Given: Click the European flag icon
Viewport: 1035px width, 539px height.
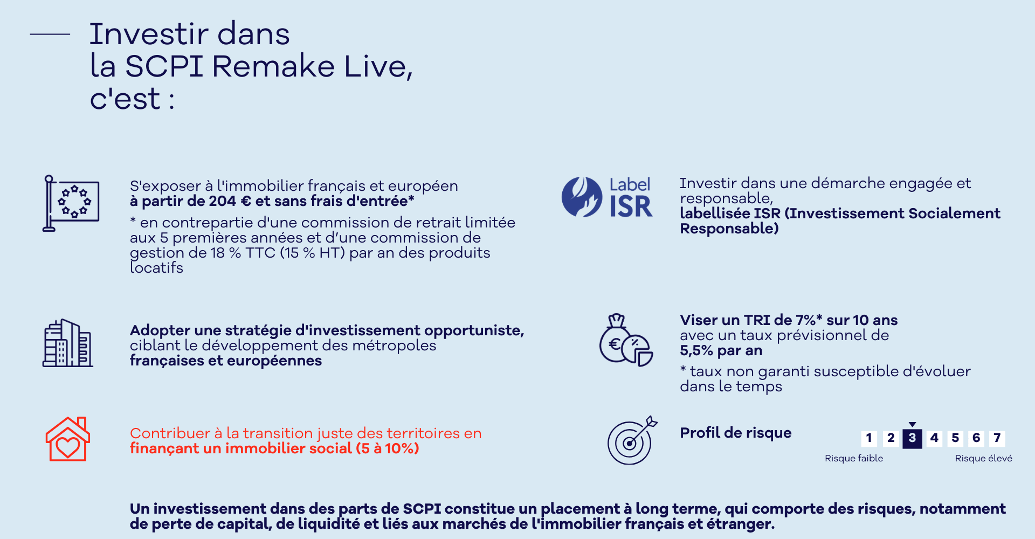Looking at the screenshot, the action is [71, 203].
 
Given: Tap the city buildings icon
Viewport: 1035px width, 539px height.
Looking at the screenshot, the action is [68, 343].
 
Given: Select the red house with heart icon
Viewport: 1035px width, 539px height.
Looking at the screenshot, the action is [68, 439].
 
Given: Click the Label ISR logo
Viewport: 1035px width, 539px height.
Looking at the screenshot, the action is [607, 197].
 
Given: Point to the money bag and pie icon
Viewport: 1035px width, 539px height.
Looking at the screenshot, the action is [626, 340].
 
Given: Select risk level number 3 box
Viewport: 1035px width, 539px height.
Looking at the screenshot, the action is [912, 438].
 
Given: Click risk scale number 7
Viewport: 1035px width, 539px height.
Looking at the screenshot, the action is [997, 438].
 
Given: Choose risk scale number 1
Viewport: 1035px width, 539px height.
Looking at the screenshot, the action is [869, 438].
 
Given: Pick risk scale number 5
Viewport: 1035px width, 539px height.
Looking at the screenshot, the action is [955, 438].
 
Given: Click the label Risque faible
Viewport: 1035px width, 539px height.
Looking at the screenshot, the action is [854, 458].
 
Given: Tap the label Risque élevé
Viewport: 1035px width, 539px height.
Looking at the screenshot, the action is [984, 458].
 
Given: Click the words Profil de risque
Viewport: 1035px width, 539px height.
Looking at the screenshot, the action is [736, 433].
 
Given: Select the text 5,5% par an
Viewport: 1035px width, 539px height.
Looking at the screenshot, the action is [721, 351].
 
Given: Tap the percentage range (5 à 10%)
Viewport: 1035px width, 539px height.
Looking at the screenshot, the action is [388, 448].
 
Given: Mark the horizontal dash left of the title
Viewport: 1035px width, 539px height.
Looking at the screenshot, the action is [50, 34].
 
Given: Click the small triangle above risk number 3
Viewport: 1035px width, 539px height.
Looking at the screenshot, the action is [912, 425].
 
